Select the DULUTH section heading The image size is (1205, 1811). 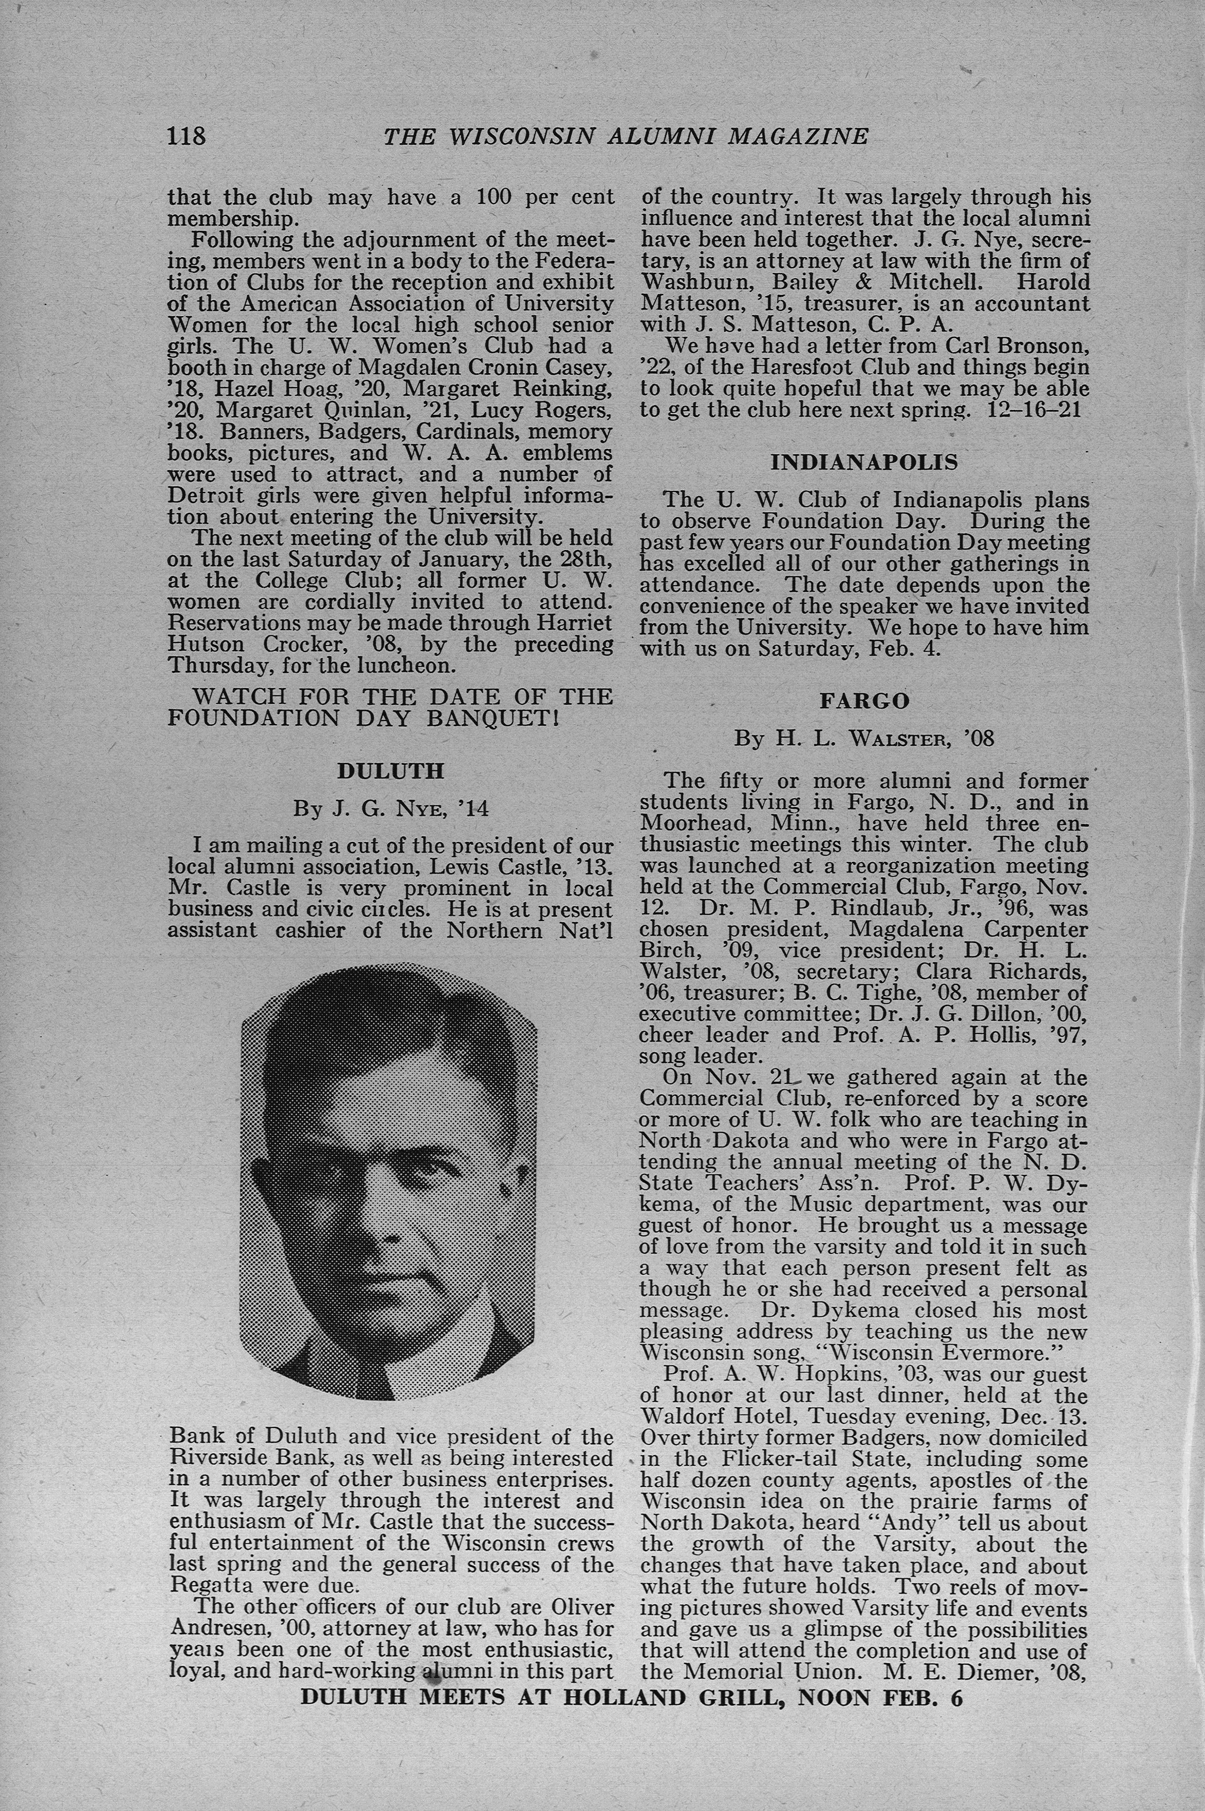pos(390,771)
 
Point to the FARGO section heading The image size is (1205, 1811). pos(864,700)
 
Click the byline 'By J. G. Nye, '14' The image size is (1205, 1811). pos(390,809)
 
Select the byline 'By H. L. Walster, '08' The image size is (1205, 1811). pos(864,739)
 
